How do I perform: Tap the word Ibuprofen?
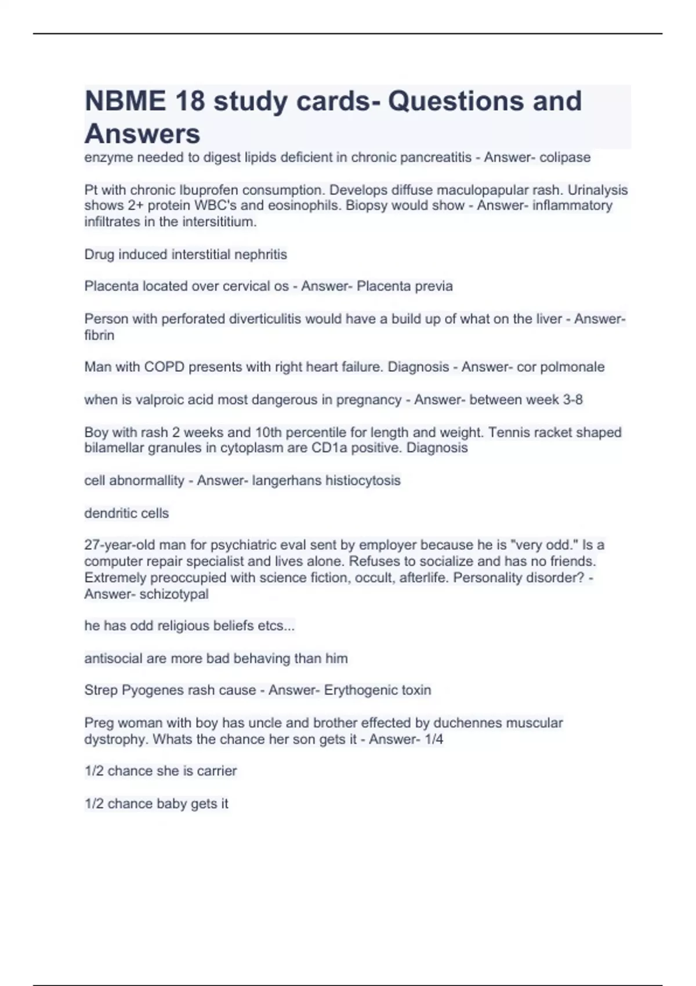click(x=208, y=190)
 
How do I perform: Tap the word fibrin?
click(x=99, y=335)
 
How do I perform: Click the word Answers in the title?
click(x=143, y=134)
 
